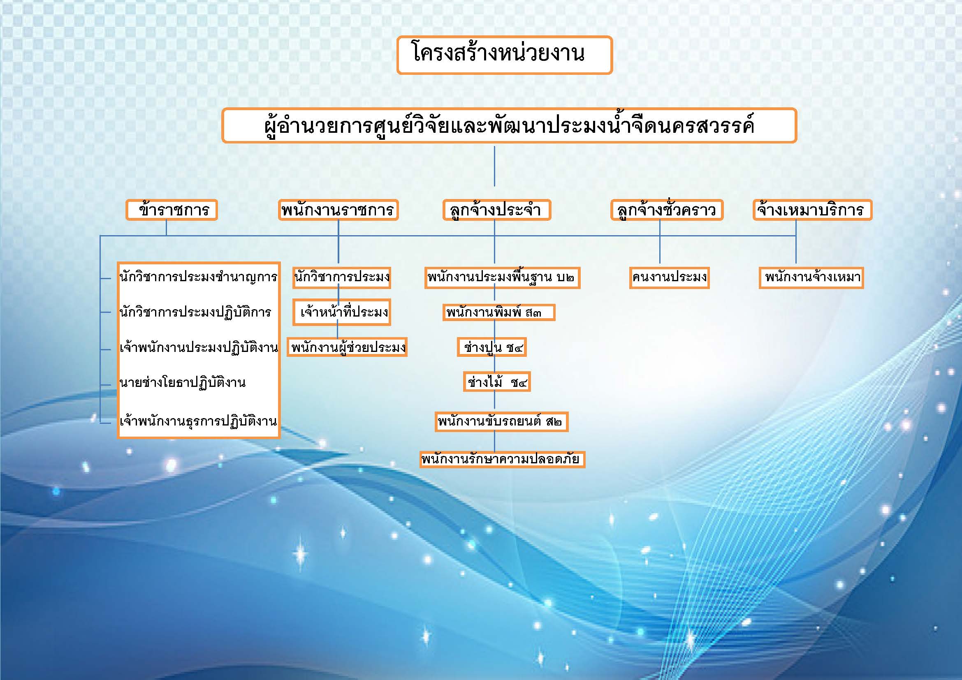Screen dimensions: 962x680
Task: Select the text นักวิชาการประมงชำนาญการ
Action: [x=198, y=277]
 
